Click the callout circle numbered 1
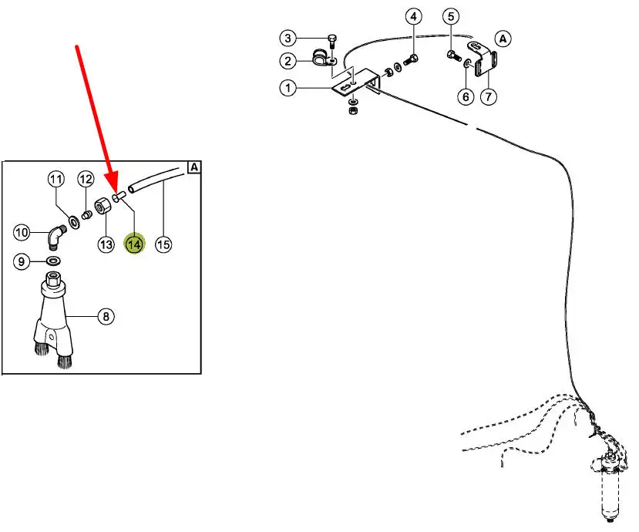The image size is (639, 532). (x=288, y=89)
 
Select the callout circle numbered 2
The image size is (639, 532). (x=288, y=61)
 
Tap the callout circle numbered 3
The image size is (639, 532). (x=288, y=38)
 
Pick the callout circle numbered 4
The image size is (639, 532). (x=414, y=17)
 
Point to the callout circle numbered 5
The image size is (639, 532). (x=451, y=16)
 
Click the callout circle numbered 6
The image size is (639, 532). (x=465, y=97)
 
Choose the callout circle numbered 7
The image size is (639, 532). (x=489, y=97)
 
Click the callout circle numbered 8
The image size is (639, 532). (x=106, y=315)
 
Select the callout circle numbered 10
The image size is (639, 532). (x=22, y=231)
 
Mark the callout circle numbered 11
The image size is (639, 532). (x=55, y=179)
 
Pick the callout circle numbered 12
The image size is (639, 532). (x=86, y=179)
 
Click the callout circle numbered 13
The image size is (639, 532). (x=106, y=244)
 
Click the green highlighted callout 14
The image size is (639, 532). (x=135, y=244)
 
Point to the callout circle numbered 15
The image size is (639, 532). (x=163, y=244)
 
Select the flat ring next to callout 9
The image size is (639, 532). (x=54, y=262)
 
